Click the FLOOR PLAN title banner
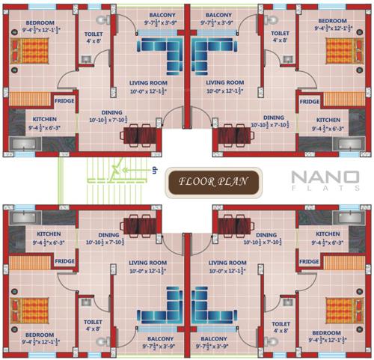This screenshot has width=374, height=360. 212,180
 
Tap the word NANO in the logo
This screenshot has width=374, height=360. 325,178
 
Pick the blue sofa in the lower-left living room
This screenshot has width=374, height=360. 160,304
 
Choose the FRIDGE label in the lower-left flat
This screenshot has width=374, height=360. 64,260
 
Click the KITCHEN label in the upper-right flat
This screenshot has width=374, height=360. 328,120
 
